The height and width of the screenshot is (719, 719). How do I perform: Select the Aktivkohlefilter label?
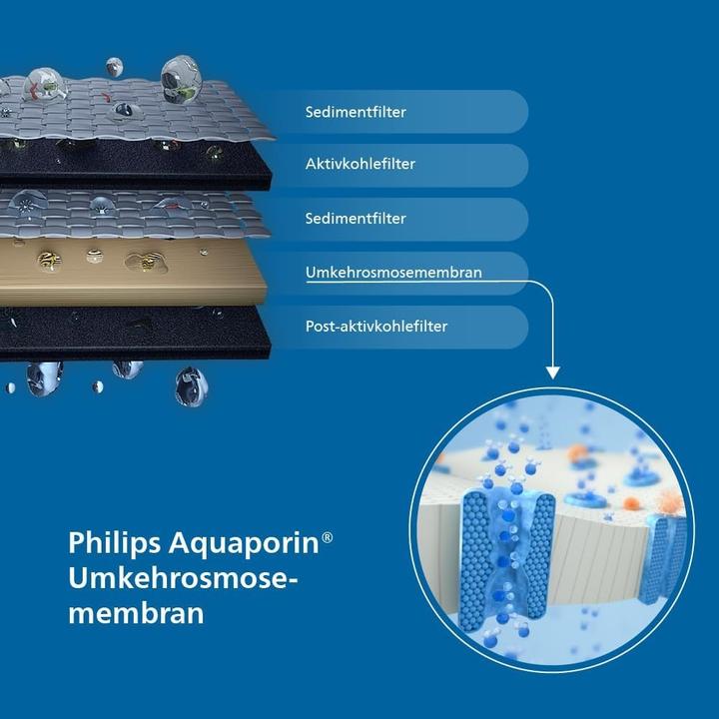[346, 164]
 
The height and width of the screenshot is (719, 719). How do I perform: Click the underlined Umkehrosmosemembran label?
[379, 272]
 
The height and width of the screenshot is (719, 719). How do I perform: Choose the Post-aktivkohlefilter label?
[375, 326]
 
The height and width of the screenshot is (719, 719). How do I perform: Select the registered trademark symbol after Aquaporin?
[328, 537]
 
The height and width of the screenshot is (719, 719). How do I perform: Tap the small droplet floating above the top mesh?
[114, 67]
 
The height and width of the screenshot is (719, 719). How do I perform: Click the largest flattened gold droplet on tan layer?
[146, 262]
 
